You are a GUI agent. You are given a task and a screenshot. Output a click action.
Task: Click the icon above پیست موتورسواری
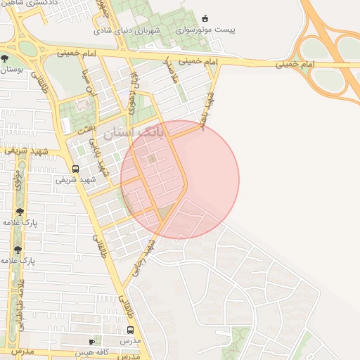click(205, 18)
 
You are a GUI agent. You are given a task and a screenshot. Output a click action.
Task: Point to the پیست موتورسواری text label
click(205, 31)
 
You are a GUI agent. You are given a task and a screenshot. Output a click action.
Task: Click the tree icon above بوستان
click(6, 58)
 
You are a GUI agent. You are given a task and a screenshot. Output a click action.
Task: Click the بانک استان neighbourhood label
click(133, 132)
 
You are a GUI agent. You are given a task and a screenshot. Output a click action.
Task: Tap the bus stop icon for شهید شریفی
click(75, 169)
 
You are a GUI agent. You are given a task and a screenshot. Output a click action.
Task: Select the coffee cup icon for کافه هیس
click(91, 342)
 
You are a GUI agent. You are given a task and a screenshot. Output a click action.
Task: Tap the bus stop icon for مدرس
click(130, 330)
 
